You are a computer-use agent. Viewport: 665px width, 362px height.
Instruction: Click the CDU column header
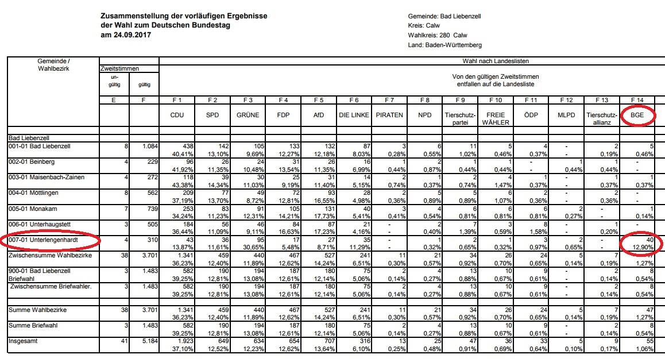177,115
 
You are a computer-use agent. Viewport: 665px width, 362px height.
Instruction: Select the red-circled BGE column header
637,115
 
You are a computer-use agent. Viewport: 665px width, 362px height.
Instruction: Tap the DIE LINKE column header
354,115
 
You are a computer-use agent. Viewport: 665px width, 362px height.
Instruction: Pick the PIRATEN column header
389,115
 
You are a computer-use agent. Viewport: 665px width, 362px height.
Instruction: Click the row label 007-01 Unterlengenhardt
43,240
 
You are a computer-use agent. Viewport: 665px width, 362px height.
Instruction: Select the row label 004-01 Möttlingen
33,193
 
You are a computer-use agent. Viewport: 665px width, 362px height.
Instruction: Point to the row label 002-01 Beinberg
32,162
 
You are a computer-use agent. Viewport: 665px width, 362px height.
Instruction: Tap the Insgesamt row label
22,341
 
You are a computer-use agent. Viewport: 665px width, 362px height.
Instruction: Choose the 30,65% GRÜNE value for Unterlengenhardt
254,248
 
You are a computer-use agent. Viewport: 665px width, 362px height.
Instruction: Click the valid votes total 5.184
150,341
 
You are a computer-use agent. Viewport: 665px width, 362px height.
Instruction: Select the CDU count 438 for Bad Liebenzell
188,147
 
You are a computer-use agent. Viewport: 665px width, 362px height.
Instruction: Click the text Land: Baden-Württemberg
445,45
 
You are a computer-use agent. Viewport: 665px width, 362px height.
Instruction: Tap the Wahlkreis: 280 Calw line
437,35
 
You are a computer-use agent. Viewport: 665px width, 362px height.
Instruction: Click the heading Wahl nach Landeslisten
496,61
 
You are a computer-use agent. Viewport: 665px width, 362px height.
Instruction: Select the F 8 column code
424,100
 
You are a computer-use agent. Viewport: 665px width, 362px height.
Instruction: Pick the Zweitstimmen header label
119,69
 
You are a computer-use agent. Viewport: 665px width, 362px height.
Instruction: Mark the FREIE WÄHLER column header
496,119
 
